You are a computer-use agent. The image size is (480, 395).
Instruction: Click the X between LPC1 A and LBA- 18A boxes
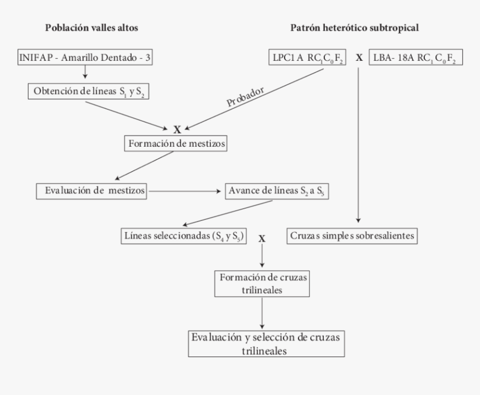[x=359, y=57]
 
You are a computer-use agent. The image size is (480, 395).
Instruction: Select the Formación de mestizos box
[x=177, y=144]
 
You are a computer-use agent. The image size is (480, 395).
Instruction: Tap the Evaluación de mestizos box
[x=92, y=190]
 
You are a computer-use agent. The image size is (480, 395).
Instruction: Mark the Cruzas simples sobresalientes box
[x=353, y=235]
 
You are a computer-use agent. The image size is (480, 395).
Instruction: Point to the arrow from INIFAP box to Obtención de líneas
[x=84, y=73]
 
